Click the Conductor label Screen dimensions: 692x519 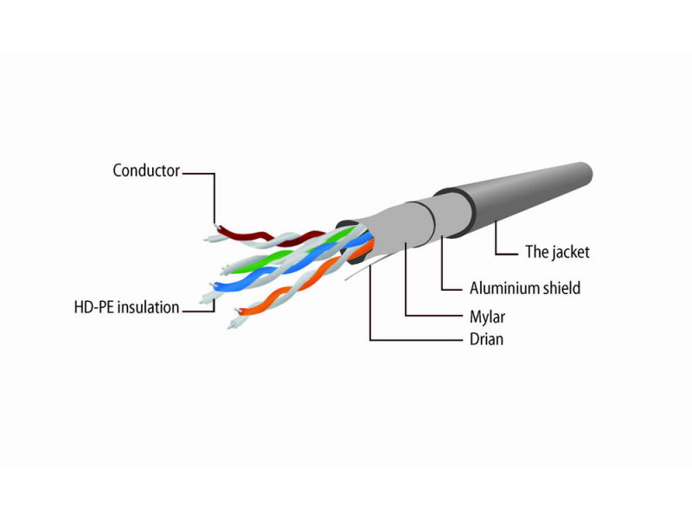[146, 170]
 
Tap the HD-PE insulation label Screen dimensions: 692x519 [126, 307]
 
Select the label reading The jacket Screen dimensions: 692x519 [557, 252]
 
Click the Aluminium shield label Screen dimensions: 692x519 [525, 288]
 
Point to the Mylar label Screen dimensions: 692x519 [487, 317]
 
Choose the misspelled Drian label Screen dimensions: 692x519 [486, 339]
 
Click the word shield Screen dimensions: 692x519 [561, 288]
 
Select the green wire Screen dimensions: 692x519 [292, 252]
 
